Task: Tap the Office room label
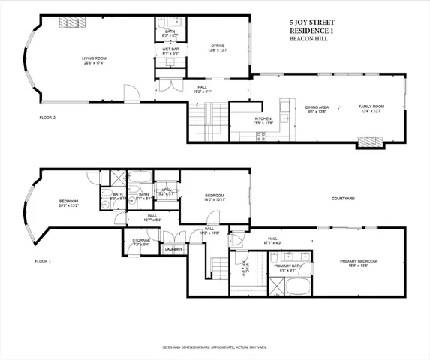pyautogui.click(x=218, y=47)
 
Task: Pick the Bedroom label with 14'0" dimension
pyautogui.click(x=214, y=198)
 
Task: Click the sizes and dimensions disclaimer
pyautogui.click(x=215, y=347)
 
